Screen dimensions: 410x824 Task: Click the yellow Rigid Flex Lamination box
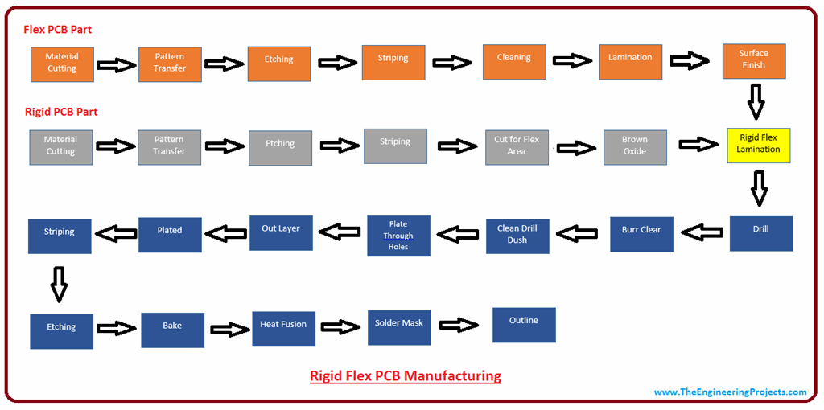pyautogui.click(x=758, y=145)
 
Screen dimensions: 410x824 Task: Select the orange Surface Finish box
pyautogui.click(x=753, y=60)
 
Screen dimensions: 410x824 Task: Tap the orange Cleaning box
pyautogui.click(x=514, y=62)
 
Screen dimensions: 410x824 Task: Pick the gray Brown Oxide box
pyautogui.click(x=635, y=147)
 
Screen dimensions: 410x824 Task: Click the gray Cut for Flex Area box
pyautogui.click(x=517, y=146)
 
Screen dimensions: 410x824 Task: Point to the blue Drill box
pyautogui.click(x=760, y=233)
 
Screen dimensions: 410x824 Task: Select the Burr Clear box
pyautogui.click(x=641, y=234)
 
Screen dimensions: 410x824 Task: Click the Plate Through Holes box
pyautogui.click(x=398, y=236)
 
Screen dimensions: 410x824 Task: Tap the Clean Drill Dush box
pyautogui.click(x=517, y=235)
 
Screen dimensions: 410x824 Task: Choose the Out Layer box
pyautogui.click(x=281, y=232)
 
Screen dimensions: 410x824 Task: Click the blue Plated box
pyautogui.click(x=170, y=234)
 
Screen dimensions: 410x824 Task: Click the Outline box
pyautogui.click(x=524, y=324)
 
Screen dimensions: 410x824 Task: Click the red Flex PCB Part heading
pyautogui.click(x=57, y=30)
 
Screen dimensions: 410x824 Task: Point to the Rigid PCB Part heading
pyautogui.click(x=60, y=112)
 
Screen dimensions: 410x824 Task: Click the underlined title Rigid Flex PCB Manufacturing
pyautogui.click(x=406, y=376)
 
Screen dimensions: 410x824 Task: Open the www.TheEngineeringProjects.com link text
pyautogui.click(x=730, y=392)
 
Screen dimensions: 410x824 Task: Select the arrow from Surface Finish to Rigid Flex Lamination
pyautogui.click(x=756, y=102)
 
